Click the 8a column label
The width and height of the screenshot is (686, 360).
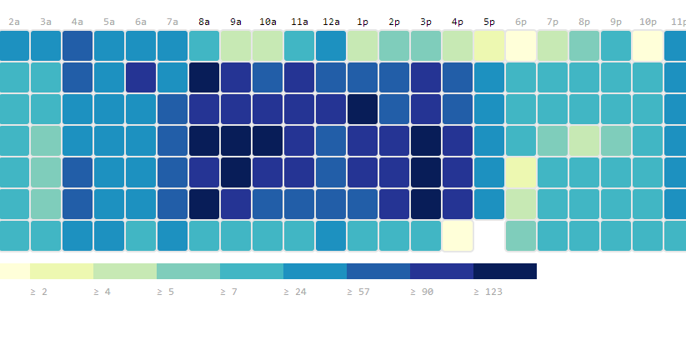(204, 22)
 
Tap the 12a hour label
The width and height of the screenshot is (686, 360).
(331, 22)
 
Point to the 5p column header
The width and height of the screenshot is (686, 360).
(489, 22)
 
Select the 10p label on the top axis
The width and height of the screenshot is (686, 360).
(648, 22)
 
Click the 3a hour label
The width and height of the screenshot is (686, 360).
(46, 22)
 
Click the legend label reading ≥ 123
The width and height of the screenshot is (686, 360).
(488, 292)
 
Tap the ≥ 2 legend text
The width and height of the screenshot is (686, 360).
(38, 292)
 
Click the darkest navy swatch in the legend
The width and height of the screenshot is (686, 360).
(505, 271)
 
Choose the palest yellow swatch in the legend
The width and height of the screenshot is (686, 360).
(15, 271)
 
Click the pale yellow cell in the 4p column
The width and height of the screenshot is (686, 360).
(458, 236)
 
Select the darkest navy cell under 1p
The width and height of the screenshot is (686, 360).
(363, 109)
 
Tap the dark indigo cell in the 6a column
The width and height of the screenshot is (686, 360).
(141, 77)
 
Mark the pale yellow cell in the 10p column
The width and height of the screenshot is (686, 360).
(648, 46)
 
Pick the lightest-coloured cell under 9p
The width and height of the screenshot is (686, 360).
(616, 141)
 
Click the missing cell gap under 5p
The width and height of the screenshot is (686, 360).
(489, 236)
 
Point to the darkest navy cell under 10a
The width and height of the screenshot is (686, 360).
(268, 141)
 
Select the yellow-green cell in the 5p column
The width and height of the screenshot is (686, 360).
(489, 46)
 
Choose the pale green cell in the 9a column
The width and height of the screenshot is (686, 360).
(236, 46)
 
